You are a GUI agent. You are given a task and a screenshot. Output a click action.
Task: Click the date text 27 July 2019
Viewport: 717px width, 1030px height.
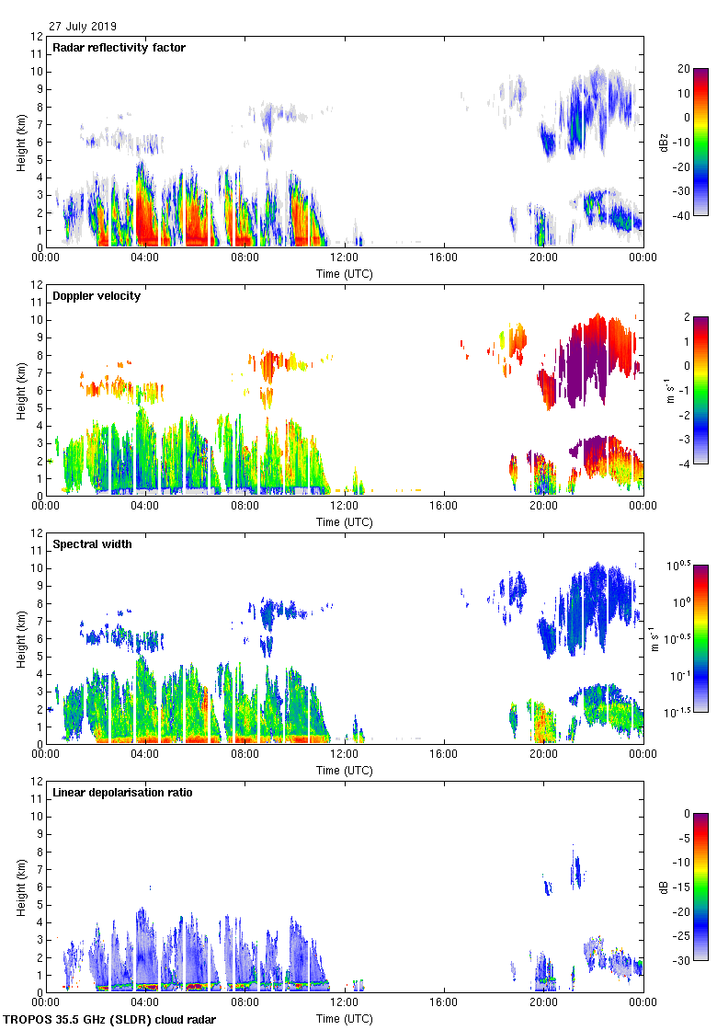click(x=83, y=27)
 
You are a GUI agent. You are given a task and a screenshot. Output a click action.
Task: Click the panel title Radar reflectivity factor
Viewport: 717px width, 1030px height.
click(x=119, y=48)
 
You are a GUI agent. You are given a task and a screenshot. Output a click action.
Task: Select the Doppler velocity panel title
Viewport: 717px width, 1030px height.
click(x=97, y=296)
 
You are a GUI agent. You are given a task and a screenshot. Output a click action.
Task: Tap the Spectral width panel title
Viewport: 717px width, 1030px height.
click(x=94, y=544)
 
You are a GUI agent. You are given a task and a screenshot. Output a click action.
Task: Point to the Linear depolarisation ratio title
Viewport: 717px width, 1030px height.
click(x=122, y=793)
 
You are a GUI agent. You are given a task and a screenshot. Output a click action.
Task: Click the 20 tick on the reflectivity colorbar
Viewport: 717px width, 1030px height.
click(x=682, y=69)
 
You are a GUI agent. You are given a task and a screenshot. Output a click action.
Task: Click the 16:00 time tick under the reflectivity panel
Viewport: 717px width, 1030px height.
click(x=444, y=258)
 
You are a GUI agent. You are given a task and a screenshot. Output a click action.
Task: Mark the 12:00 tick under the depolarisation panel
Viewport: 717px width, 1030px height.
click(x=345, y=1003)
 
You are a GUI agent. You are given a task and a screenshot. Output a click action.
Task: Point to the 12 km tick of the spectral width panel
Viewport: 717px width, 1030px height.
click(x=36, y=533)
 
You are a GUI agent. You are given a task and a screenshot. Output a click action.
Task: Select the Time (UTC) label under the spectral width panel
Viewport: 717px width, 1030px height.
click(x=344, y=770)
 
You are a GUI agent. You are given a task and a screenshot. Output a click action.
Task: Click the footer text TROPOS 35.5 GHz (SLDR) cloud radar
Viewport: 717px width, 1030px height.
click(x=109, y=1020)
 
